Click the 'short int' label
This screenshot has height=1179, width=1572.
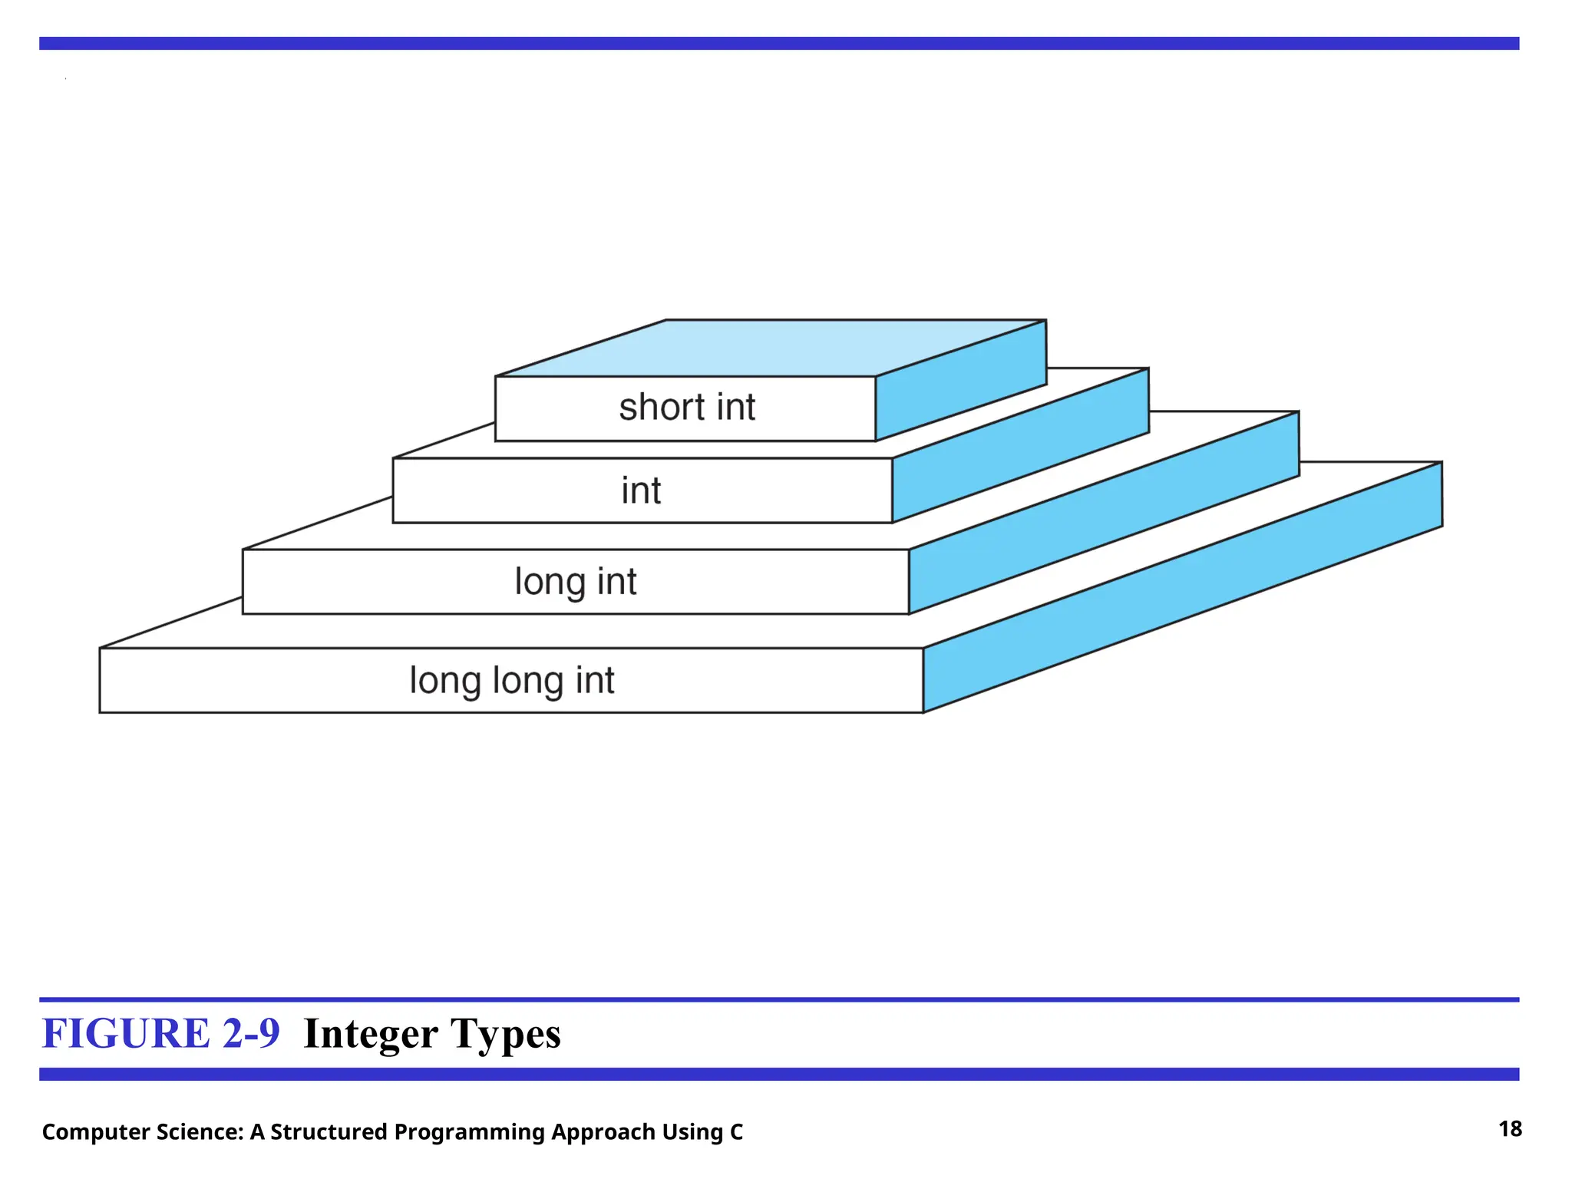[687, 408]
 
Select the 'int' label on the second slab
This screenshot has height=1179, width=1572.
[641, 490]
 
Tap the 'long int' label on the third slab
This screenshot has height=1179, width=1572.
[575, 582]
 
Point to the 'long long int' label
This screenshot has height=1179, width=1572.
[511, 681]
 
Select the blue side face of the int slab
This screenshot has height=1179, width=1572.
[1021, 446]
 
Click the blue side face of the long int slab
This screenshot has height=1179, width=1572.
[1105, 513]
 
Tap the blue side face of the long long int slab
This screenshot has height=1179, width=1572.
[1182, 587]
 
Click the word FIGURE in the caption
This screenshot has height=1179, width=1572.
[126, 1033]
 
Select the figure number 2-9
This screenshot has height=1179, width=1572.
[251, 1033]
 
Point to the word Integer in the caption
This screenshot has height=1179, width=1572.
[371, 1035]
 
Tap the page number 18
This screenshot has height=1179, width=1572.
[1510, 1129]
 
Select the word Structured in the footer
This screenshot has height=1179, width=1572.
[329, 1132]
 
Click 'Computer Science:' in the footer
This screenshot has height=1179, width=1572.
[143, 1132]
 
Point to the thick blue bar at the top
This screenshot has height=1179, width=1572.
[779, 44]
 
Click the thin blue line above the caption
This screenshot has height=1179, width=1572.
[779, 999]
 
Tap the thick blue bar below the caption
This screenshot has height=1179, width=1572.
[779, 1074]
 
